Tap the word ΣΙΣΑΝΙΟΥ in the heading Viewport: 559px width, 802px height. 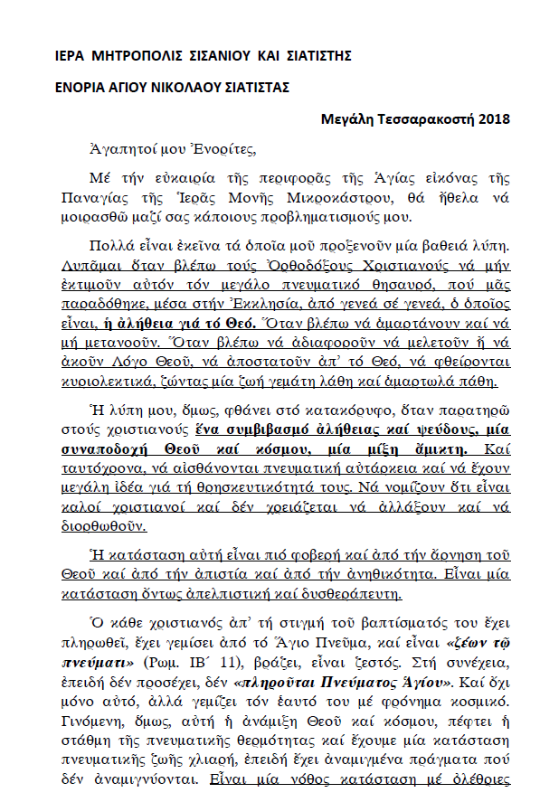click(x=218, y=57)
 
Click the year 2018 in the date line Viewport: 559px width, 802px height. click(x=495, y=118)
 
